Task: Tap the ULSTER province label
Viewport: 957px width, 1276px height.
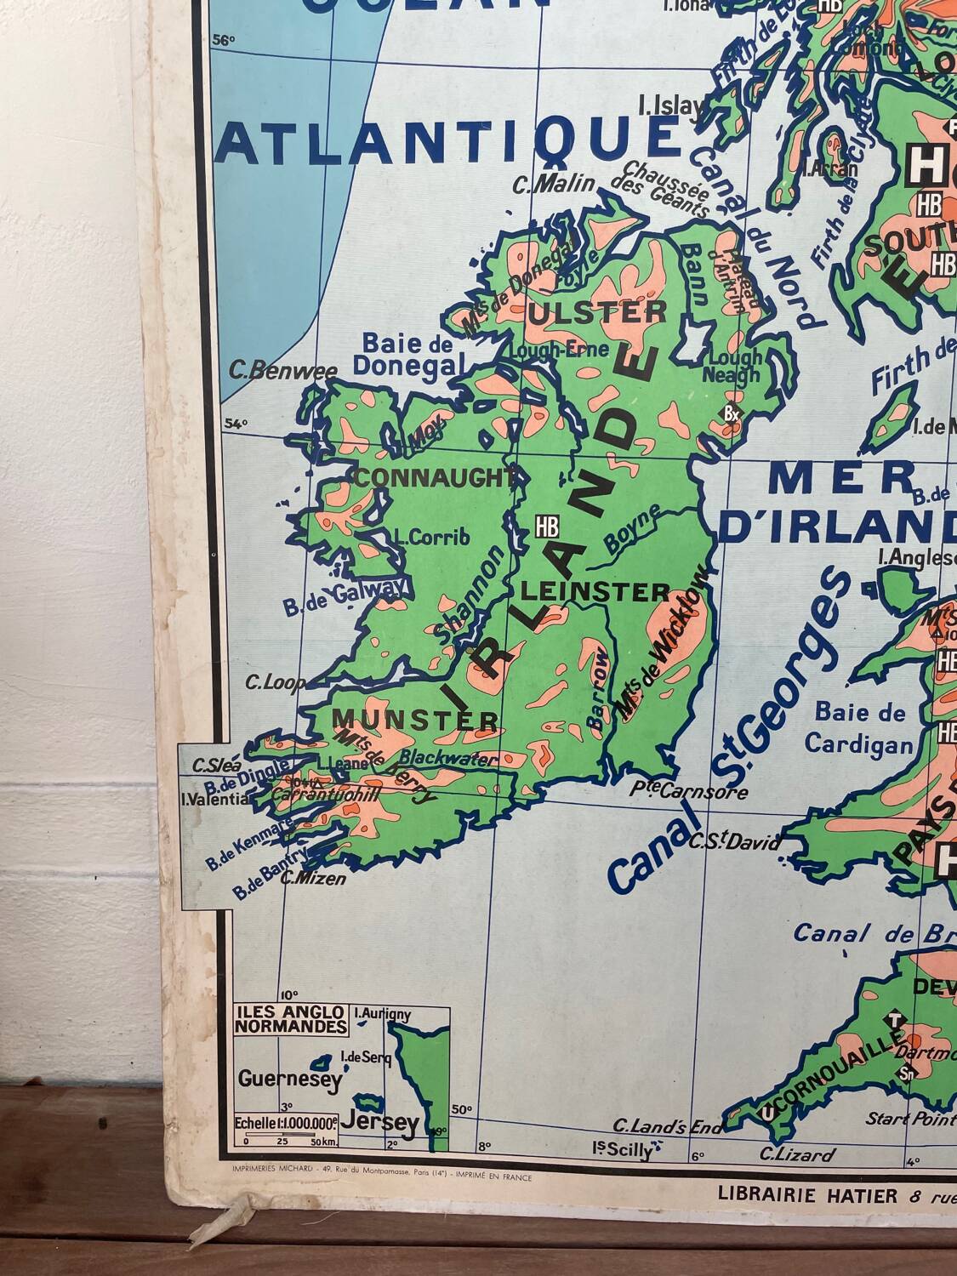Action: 597,312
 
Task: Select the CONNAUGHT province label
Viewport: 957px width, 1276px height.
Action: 436,477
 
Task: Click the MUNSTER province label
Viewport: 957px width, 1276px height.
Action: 415,721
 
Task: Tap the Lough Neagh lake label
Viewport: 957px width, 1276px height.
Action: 734,366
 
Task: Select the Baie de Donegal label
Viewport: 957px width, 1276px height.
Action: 408,355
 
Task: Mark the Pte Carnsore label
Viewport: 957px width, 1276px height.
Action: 689,791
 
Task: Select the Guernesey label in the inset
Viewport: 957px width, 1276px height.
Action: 289,1080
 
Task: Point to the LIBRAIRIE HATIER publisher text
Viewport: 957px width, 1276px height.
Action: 806,1195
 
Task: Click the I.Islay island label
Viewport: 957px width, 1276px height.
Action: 671,105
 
